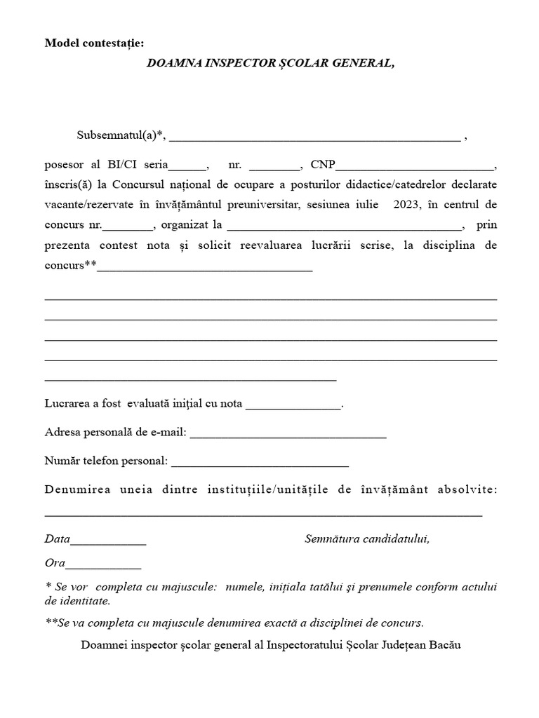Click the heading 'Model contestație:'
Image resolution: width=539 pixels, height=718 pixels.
pos(94,43)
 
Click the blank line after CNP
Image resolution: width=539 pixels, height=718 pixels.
pos(415,168)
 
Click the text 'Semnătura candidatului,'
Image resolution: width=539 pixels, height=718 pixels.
pos(367,539)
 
